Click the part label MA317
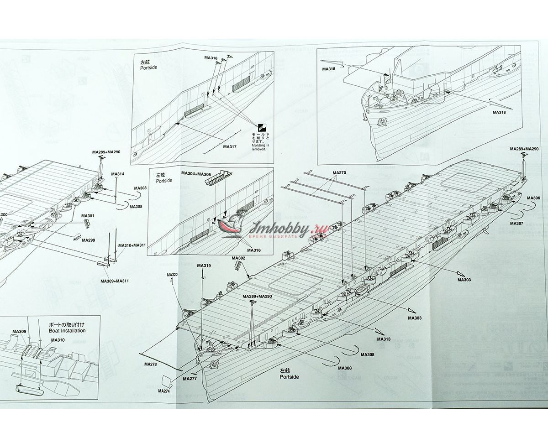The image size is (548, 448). [230, 146]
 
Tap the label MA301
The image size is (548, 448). [88, 215]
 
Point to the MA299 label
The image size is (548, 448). [89, 240]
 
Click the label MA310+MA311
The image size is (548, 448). [132, 245]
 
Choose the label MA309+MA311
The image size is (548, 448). [115, 281]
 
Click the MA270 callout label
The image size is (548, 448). [339, 172]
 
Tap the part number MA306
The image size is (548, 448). [533, 198]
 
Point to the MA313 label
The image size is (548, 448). [384, 339]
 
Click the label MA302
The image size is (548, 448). [239, 258]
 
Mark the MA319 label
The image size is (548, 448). [204, 266]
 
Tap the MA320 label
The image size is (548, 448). [172, 275]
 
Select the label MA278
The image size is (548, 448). [150, 364]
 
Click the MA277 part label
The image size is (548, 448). [190, 379]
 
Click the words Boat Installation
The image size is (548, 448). [67, 331]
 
